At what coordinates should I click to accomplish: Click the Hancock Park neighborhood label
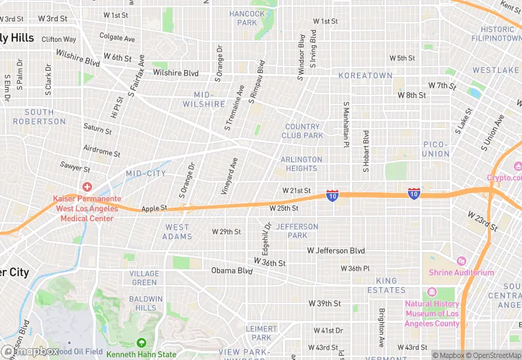point(247,18)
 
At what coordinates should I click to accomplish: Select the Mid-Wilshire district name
point(204,99)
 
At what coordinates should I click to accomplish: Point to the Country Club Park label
point(302,131)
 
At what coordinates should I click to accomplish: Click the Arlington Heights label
point(301,164)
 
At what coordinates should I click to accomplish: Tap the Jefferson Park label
point(297,231)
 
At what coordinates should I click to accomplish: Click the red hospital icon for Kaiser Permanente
point(87,187)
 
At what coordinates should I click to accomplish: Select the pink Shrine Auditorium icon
point(461,261)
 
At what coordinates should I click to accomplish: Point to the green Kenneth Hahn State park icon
point(141,343)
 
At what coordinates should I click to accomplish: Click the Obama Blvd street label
point(232,270)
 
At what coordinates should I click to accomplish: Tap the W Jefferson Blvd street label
point(336,251)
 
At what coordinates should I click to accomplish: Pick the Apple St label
point(154,208)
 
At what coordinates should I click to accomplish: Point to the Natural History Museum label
point(432,313)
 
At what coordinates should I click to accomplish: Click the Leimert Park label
point(261,333)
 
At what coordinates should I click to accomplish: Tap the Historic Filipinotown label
point(497,34)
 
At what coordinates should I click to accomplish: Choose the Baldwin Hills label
point(146,303)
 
